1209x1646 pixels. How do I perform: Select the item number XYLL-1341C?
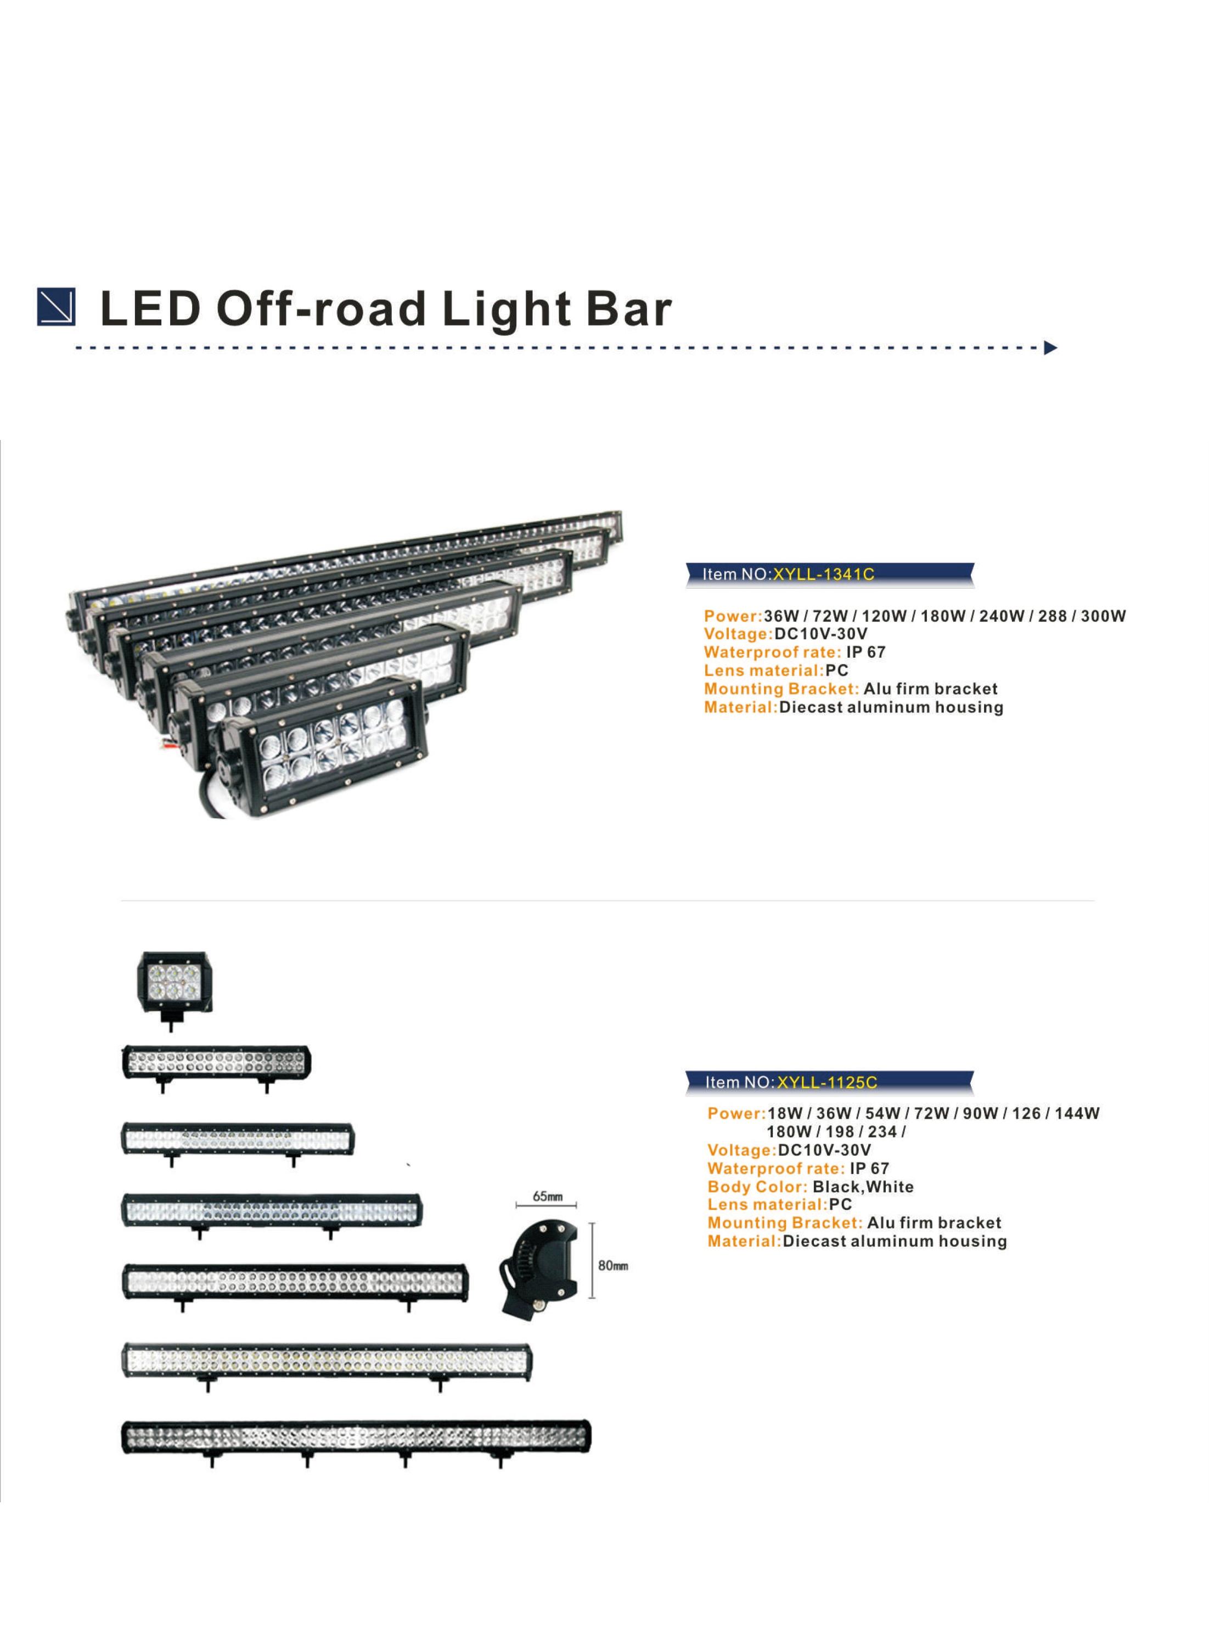tap(824, 574)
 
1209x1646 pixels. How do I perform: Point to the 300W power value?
tap(1104, 616)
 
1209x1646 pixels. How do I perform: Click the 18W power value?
tap(785, 1113)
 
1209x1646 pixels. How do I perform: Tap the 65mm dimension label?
tap(547, 1197)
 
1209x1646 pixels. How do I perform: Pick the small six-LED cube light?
tap(173, 989)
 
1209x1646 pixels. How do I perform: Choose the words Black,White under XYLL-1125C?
tap(863, 1187)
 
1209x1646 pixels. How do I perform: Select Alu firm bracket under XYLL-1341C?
tap(930, 689)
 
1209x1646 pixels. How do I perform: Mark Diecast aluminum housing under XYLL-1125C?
tap(895, 1242)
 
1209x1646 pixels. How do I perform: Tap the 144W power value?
tap(1077, 1113)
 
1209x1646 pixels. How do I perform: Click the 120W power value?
tap(884, 616)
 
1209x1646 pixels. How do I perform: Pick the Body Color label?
tap(757, 1187)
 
